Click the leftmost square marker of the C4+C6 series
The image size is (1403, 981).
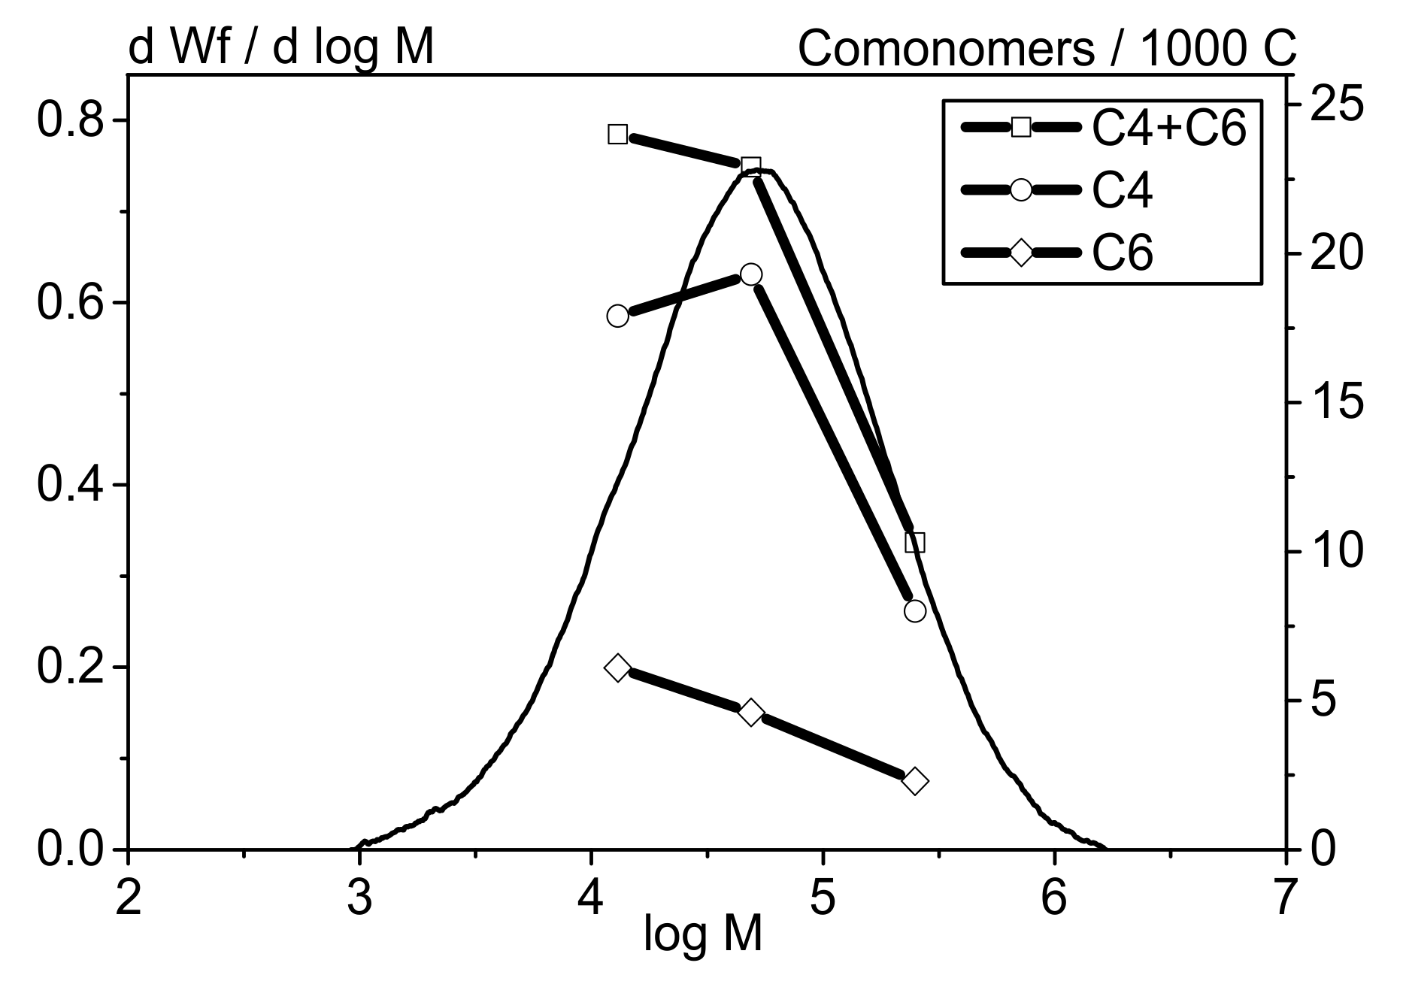click(617, 135)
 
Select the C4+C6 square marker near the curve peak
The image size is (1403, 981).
click(750, 165)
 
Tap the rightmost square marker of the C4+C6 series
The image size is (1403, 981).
click(914, 542)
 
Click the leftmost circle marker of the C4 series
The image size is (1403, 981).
click(617, 316)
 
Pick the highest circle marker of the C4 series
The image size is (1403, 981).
click(750, 274)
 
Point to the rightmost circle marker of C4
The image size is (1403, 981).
click(914, 610)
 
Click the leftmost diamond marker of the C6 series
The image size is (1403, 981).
click(617, 668)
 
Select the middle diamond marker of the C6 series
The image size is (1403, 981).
click(750, 712)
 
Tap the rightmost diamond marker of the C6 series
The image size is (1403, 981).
click(914, 781)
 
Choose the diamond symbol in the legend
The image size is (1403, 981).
click(1020, 252)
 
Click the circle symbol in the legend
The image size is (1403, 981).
click(1020, 189)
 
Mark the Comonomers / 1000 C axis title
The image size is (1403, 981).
click(1047, 50)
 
